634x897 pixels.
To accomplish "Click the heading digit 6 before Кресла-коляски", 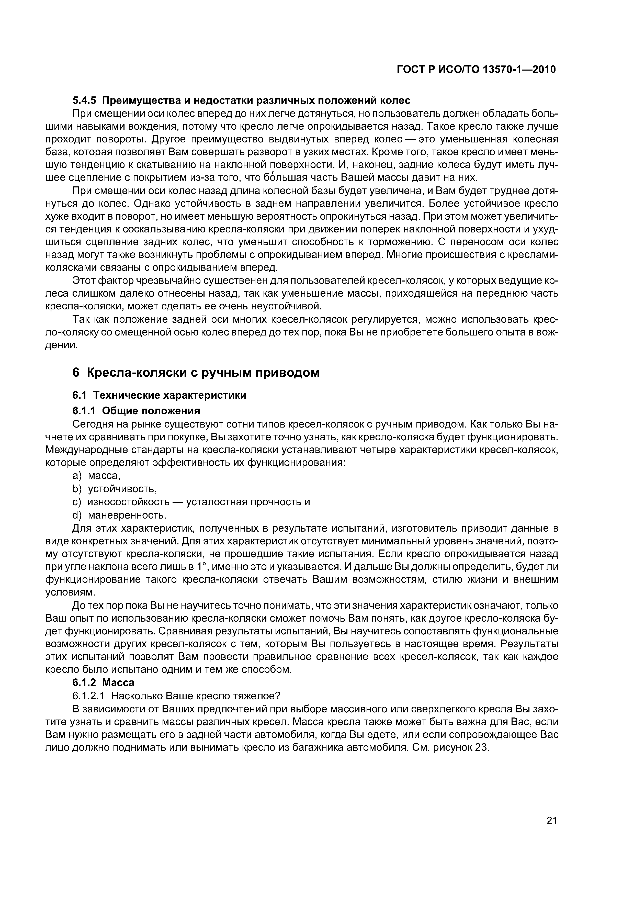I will (x=76, y=373).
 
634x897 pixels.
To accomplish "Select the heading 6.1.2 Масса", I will (x=104, y=682).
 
